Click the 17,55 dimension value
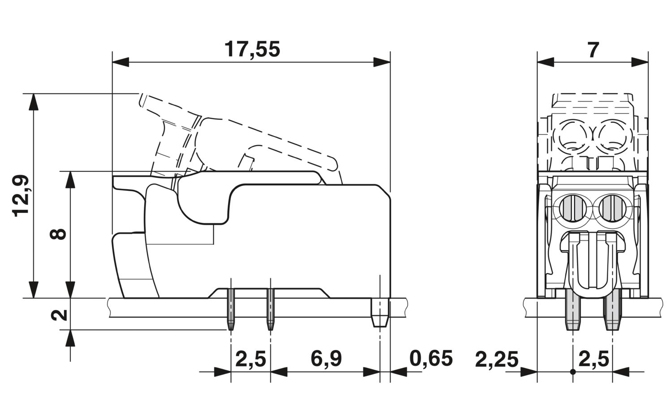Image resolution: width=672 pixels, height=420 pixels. pyautogui.click(x=252, y=49)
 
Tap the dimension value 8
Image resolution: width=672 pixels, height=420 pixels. pyautogui.click(x=58, y=234)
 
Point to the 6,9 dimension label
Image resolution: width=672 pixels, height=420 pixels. pyautogui.click(x=326, y=359)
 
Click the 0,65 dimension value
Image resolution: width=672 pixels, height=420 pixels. pyautogui.click(x=431, y=359)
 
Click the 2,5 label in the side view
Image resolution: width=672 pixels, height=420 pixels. pyautogui.click(x=250, y=359)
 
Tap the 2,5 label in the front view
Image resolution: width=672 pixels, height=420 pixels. pyautogui.click(x=594, y=359)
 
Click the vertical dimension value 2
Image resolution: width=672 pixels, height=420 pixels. pyautogui.click(x=59, y=315)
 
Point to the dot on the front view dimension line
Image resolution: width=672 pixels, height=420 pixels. pyautogui.click(x=573, y=372)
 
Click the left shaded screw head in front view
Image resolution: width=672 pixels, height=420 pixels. pyautogui.click(x=573, y=208)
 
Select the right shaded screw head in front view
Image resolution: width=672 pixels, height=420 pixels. pyautogui.click(x=611, y=208)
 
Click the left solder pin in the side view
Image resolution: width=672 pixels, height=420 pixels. pyautogui.click(x=231, y=309)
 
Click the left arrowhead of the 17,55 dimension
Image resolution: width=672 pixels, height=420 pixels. pyautogui.click(x=121, y=62)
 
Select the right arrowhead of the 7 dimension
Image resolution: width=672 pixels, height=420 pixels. pyautogui.click(x=640, y=62)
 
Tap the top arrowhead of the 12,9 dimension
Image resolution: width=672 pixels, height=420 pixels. pyautogui.click(x=34, y=102)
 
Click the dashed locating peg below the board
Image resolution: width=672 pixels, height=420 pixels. pyautogui.click(x=380, y=313)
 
